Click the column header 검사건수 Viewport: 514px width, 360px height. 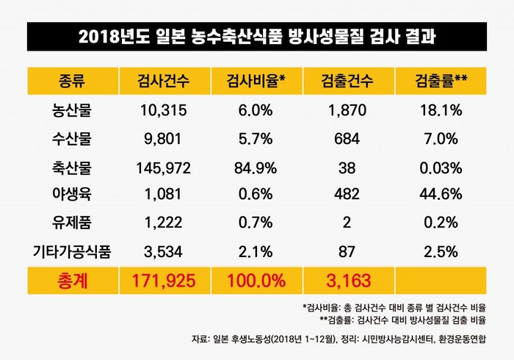pos(162,82)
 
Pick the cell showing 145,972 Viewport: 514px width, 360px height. pos(162,168)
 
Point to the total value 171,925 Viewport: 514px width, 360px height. pos(162,281)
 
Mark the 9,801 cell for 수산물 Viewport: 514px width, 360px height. pos(162,139)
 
